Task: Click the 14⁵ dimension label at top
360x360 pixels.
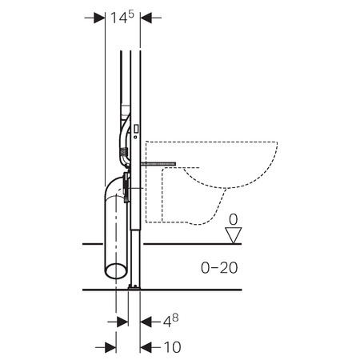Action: pos(122,18)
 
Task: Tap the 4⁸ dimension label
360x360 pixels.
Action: pos(170,321)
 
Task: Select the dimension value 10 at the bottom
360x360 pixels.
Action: pos(172,347)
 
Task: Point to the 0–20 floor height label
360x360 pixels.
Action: pos(219,268)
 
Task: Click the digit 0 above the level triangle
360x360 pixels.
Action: pos(234,220)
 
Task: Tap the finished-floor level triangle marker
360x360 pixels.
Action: pos(234,235)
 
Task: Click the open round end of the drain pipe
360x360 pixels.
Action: pos(116,271)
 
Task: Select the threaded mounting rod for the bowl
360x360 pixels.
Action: pos(159,164)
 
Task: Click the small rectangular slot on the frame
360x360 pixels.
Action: pos(136,129)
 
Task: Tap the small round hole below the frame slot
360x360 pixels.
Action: pos(135,137)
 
